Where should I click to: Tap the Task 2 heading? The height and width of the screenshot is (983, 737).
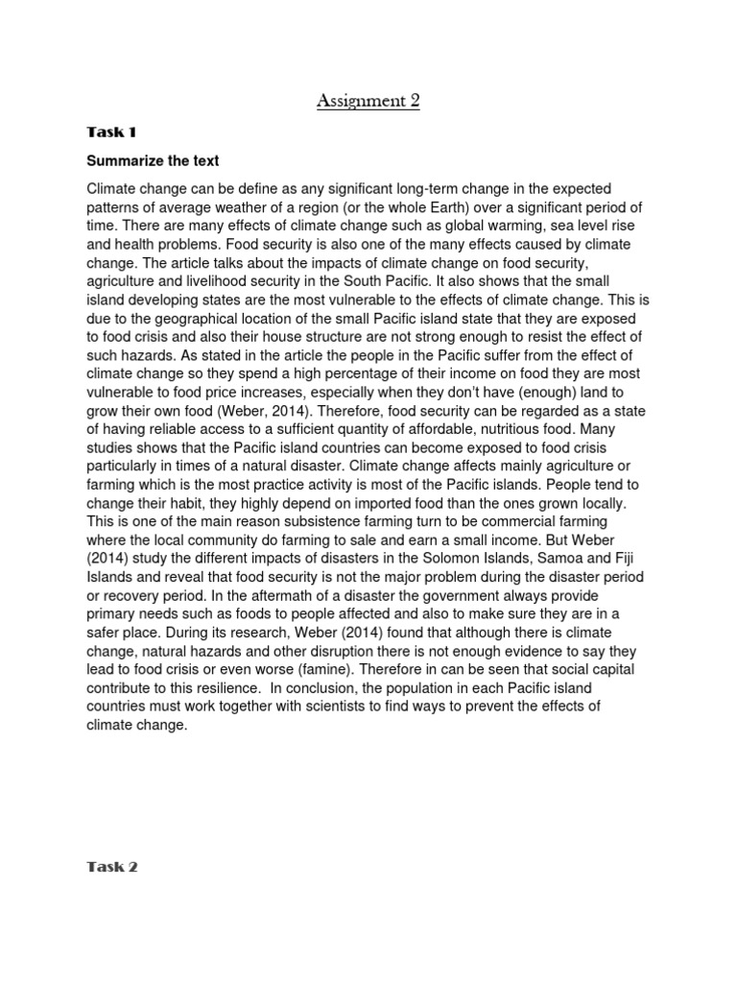click(x=112, y=866)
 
